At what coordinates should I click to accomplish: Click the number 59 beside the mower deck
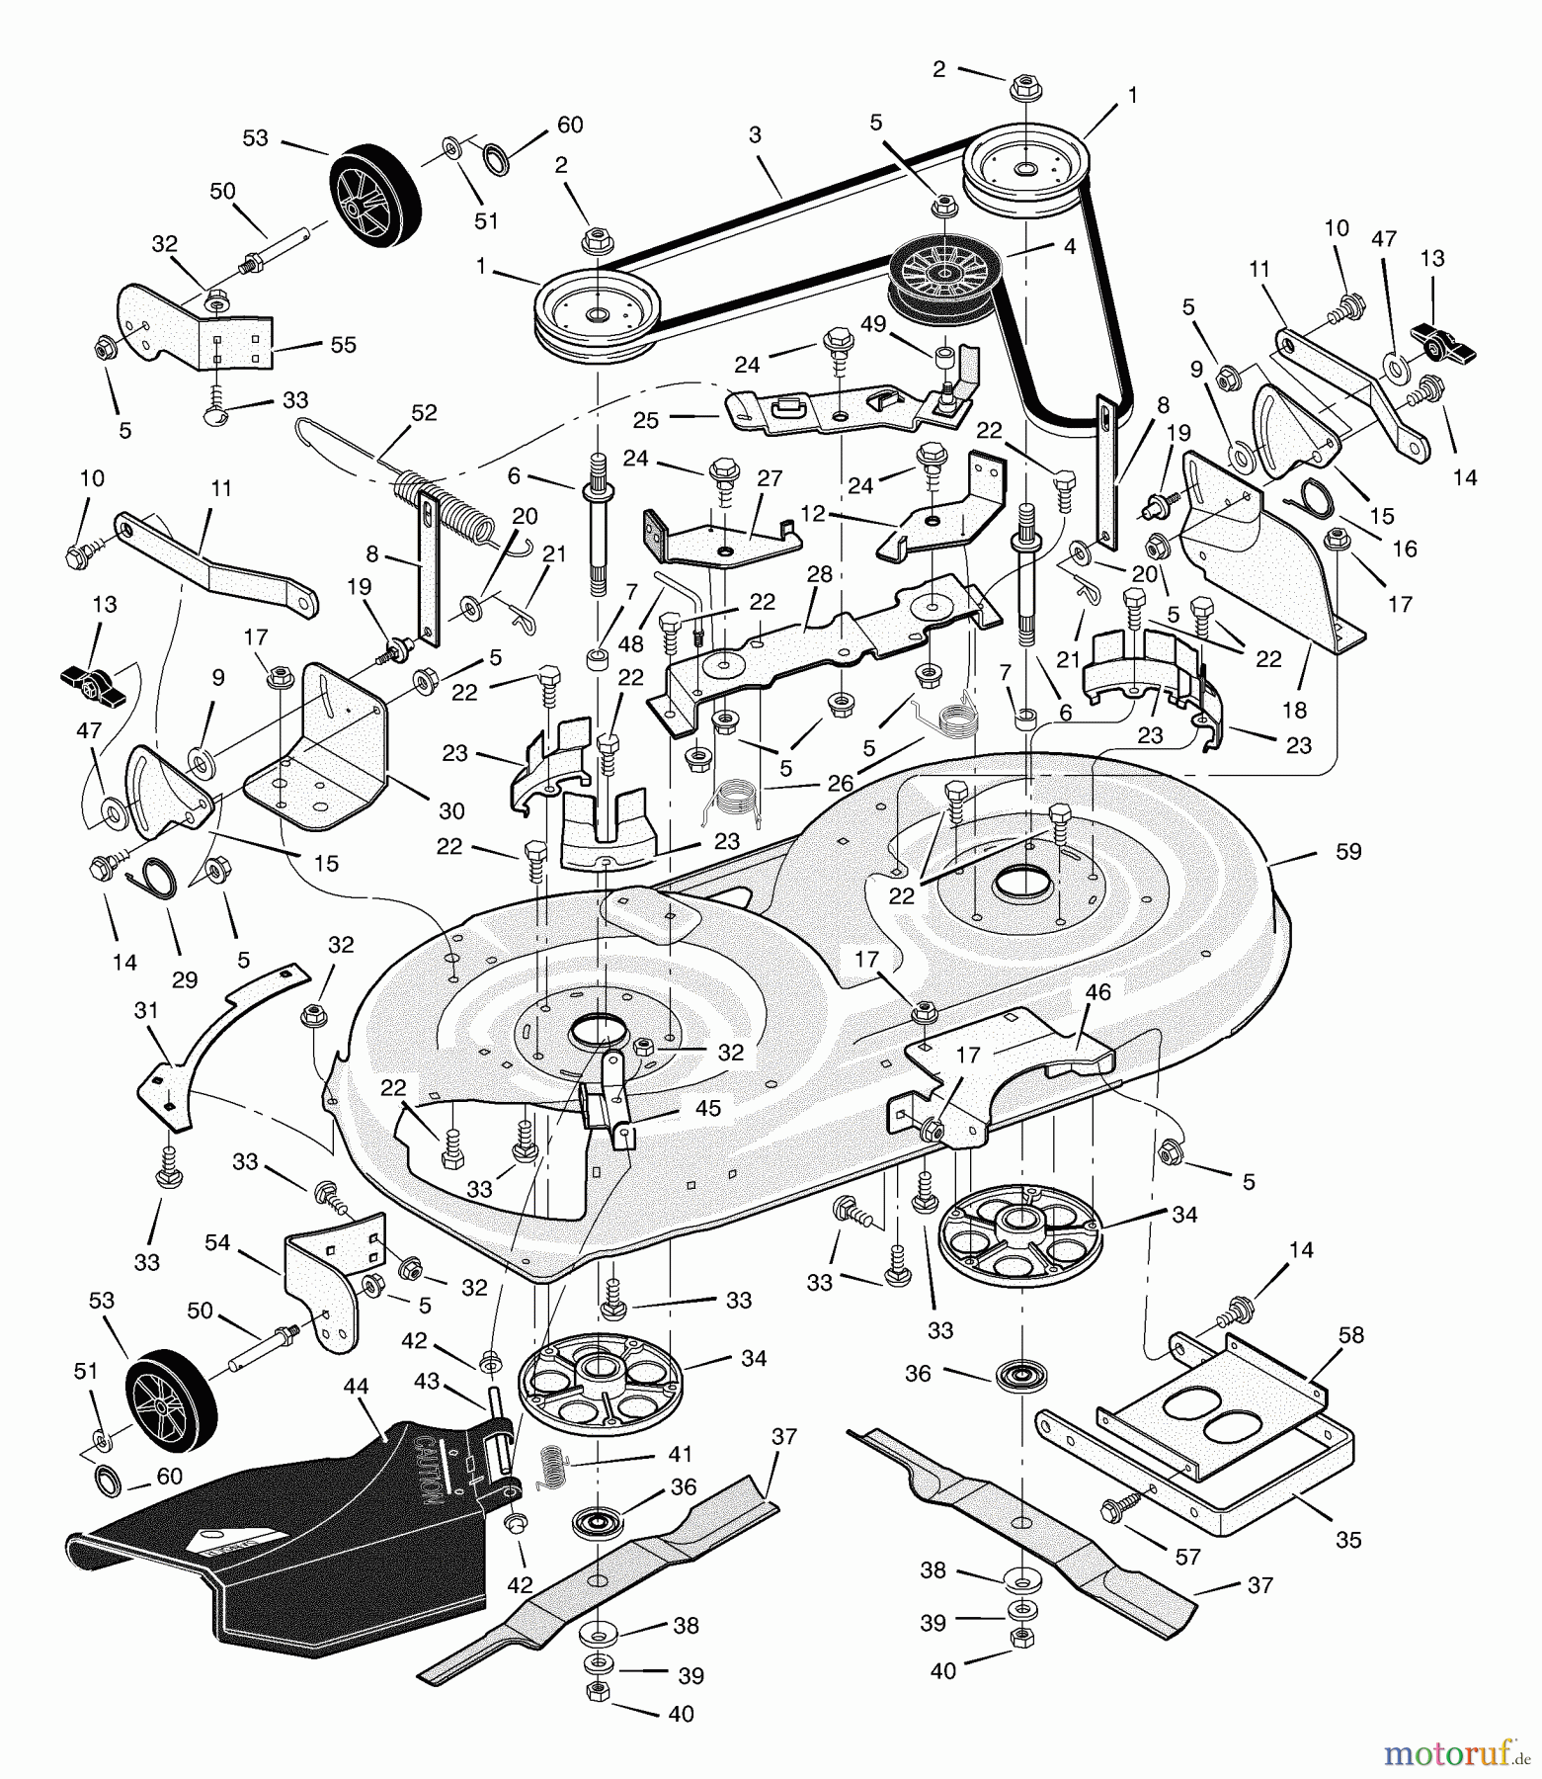(x=1347, y=851)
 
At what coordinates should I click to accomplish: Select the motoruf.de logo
(x=1456, y=1752)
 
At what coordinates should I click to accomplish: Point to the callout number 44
(x=356, y=1387)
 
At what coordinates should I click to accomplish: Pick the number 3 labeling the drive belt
(x=755, y=135)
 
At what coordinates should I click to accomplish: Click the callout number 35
(x=1348, y=1539)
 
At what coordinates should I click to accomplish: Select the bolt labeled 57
(x=1118, y=1506)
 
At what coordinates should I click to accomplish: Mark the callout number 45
(x=707, y=1108)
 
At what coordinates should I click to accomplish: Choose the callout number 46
(x=1097, y=992)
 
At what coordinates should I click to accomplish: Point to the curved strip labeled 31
(x=217, y=1048)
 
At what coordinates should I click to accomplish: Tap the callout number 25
(x=645, y=420)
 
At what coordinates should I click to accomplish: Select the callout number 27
(x=770, y=478)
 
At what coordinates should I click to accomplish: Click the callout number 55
(x=343, y=345)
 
